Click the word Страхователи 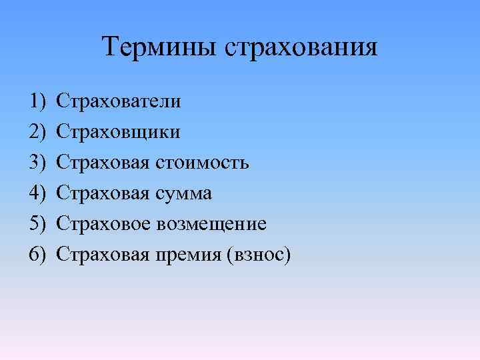[x=118, y=101]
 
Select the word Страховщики [x=118, y=132]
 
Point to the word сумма [x=185, y=194]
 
